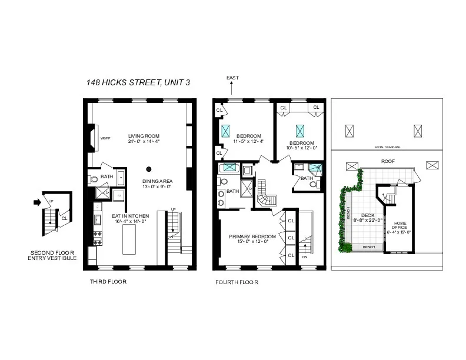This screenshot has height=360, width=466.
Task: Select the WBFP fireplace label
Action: [x=105, y=138]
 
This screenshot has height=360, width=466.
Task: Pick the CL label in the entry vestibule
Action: [x=64, y=218]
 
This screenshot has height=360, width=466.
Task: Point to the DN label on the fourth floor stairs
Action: [x=304, y=257]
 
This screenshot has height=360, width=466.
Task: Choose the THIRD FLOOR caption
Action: [x=108, y=281]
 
